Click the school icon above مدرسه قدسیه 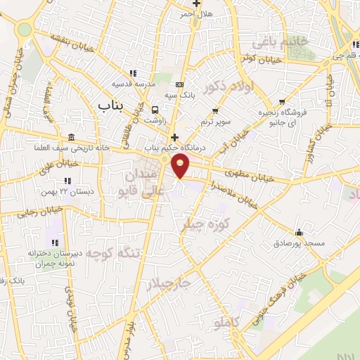tap(133, 72)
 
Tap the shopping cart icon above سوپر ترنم tap(216, 110)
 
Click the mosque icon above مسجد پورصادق tap(300, 232)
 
